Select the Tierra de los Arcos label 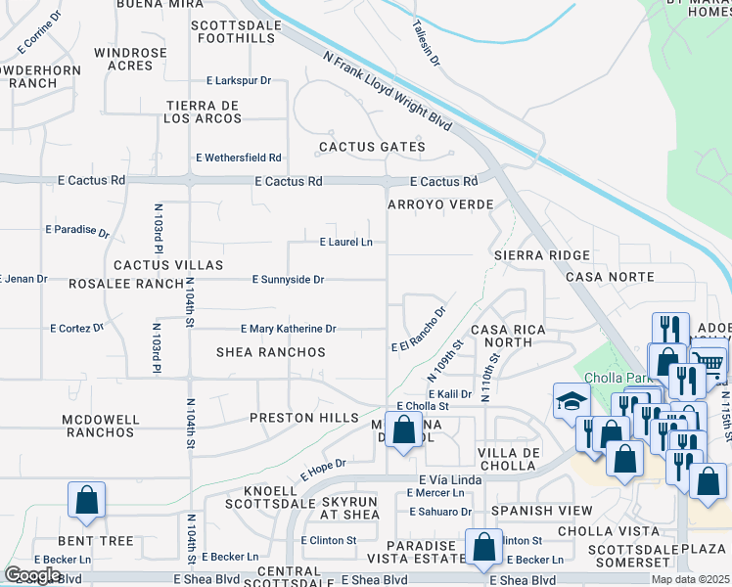coord(204,112)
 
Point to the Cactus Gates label coord(372,147)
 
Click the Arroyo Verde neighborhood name coord(439,204)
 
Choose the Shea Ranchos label coord(271,352)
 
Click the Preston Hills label coord(297,417)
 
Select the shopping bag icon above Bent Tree coord(86,499)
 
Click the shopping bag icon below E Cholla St coord(403,429)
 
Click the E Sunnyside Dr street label coord(288,280)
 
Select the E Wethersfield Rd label coord(239,158)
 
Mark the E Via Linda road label coord(451,479)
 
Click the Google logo coord(32,574)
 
